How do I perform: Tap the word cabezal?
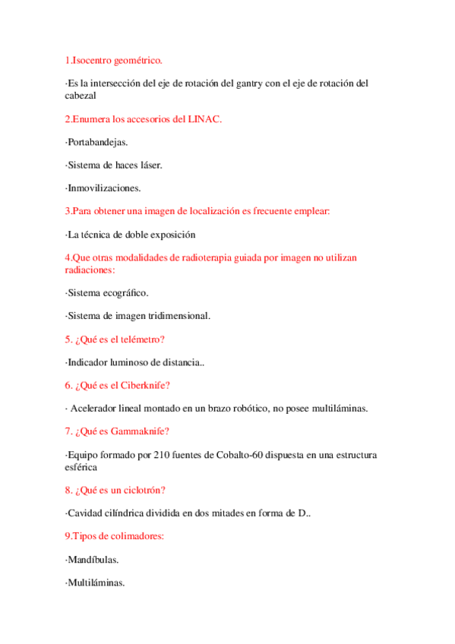click(81, 96)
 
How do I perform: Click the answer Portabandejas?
click(97, 142)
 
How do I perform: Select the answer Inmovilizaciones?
click(103, 188)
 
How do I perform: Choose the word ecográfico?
click(124, 292)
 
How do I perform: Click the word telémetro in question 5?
click(141, 339)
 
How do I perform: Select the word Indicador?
click(87, 363)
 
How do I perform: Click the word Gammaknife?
click(141, 431)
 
